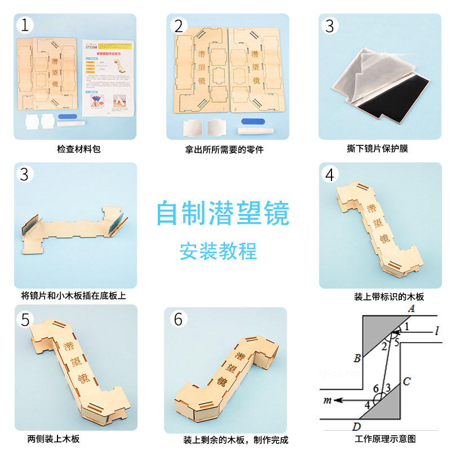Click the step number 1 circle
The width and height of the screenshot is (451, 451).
pyautogui.click(x=25, y=25)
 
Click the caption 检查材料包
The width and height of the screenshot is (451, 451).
pyautogui.click(x=75, y=149)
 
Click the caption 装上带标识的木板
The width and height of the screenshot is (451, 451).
pyautogui.click(x=388, y=297)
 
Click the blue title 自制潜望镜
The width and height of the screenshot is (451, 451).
pyautogui.click(x=223, y=214)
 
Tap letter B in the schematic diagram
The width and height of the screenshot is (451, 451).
pyautogui.click(x=357, y=358)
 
